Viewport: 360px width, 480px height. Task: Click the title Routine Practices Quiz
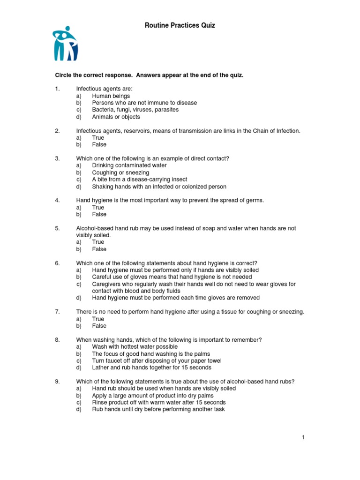(180, 25)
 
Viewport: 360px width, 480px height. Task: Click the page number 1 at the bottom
(304, 438)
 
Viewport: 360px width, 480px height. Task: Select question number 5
(57, 228)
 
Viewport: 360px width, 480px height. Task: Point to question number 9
(57, 382)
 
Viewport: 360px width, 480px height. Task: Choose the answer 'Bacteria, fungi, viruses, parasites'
(135, 110)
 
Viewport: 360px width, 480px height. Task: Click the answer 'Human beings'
(111, 96)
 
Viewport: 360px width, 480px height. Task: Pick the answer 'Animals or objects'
(116, 117)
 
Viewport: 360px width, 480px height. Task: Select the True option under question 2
(98, 138)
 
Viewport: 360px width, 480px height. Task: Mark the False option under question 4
(99, 214)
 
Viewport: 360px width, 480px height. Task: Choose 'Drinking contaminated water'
(129, 165)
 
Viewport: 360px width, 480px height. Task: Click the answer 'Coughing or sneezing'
(120, 172)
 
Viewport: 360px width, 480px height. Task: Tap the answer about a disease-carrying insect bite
(139, 180)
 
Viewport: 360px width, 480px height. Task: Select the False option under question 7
(99, 326)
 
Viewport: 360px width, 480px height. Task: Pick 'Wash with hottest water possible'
(135, 347)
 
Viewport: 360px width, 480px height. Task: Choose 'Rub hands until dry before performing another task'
(158, 409)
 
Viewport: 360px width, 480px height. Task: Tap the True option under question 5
(98, 242)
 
